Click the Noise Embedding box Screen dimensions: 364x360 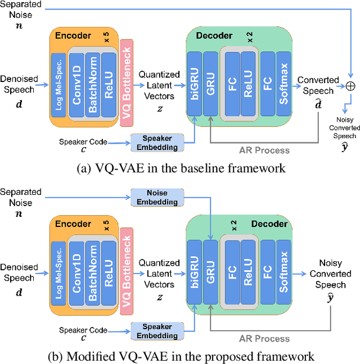point(157,197)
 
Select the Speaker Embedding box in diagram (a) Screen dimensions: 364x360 point(157,143)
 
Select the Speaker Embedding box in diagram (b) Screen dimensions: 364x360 point(157,331)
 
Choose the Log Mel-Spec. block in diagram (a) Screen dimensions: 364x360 point(57,84)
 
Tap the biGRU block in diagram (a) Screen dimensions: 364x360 point(194,84)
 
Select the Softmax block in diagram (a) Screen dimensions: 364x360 point(283,84)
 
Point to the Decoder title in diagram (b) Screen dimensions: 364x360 point(270,224)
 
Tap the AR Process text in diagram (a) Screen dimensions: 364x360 point(264,150)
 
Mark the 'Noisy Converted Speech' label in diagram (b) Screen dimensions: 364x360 point(330,274)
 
